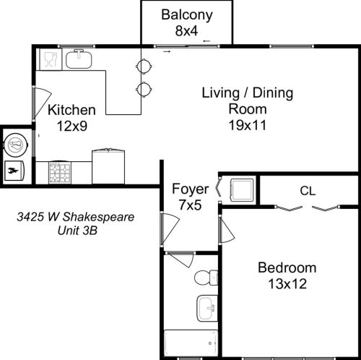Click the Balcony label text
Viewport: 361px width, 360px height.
[186, 14]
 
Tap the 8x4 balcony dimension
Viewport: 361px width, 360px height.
[186, 30]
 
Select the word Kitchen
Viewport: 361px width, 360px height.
[71, 111]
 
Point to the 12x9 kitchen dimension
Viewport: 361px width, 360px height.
[71, 126]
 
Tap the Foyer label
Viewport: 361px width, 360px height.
[190, 189]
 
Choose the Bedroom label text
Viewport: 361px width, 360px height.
[287, 267]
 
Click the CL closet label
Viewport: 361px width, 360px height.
[309, 192]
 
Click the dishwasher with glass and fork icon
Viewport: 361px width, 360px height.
[48, 59]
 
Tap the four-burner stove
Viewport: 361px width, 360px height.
[59, 173]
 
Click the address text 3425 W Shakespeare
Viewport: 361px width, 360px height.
[76, 217]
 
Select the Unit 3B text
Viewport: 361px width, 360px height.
[77, 231]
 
